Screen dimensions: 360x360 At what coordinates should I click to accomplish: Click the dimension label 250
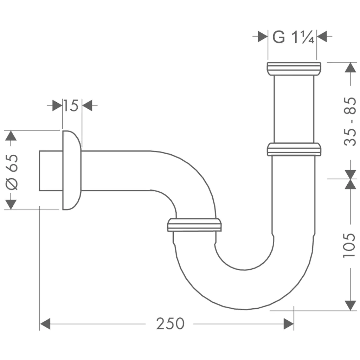(170, 324)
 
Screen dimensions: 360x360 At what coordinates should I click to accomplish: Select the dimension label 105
(350, 245)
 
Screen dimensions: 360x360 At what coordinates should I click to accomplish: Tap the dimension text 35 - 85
(350, 121)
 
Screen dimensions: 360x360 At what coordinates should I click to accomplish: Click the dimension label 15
(71, 105)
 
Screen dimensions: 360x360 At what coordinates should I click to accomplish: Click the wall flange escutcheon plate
(72, 170)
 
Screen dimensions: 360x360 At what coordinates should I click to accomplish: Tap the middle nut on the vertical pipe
(294, 149)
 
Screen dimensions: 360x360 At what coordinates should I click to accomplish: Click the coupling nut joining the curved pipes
(194, 225)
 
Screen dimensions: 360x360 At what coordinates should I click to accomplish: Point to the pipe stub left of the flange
(51, 171)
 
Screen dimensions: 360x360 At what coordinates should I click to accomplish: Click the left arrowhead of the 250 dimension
(45, 324)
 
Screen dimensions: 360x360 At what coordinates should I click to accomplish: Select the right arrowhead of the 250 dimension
(289, 324)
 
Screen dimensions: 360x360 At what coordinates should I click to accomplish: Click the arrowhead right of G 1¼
(322, 37)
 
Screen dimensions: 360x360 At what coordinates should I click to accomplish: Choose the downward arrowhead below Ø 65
(11, 204)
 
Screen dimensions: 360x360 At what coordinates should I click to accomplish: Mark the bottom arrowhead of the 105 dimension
(350, 306)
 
